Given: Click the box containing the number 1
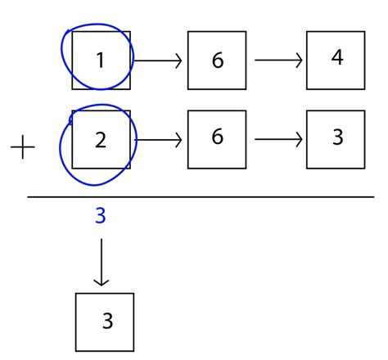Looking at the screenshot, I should (101, 60).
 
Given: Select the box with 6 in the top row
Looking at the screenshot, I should (217, 60).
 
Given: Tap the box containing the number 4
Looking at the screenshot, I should (336, 60).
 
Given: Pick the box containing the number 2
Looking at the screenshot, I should (101, 139).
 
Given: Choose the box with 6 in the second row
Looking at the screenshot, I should (217, 137).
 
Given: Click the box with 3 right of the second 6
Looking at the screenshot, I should (336, 137).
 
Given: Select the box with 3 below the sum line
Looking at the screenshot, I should (104, 321).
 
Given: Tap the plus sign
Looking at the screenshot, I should (23, 148).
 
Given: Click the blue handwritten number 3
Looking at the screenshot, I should (100, 217).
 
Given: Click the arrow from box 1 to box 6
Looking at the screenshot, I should (157, 60).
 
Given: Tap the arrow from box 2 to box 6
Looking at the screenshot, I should (157, 139).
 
